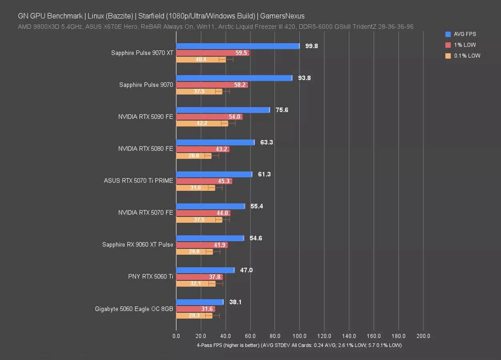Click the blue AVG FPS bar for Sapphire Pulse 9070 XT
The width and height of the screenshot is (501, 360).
click(238, 46)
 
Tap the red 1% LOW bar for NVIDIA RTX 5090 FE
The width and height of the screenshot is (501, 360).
click(209, 117)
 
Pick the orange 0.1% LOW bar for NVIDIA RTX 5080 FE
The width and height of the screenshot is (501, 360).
click(194, 156)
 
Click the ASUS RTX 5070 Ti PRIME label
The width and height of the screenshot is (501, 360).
click(138, 181)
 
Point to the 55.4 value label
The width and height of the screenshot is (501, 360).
click(257, 206)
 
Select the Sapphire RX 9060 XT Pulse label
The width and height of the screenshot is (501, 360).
click(138, 245)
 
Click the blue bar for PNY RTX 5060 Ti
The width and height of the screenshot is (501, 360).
click(205, 270)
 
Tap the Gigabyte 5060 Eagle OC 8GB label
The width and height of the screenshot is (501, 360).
click(134, 309)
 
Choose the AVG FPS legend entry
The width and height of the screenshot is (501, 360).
click(465, 34)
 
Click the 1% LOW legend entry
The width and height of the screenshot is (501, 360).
click(465, 45)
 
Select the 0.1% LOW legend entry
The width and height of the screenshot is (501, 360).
click(467, 56)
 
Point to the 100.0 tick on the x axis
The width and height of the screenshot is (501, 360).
click(299, 336)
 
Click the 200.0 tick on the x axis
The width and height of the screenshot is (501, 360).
click(423, 336)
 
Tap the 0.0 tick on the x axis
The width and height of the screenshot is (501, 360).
click(176, 336)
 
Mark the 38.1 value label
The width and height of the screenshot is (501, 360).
click(235, 302)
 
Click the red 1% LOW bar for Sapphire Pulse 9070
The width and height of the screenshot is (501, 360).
click(212, 85)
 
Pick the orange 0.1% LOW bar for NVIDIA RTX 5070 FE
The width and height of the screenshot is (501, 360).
click(199, 220)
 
